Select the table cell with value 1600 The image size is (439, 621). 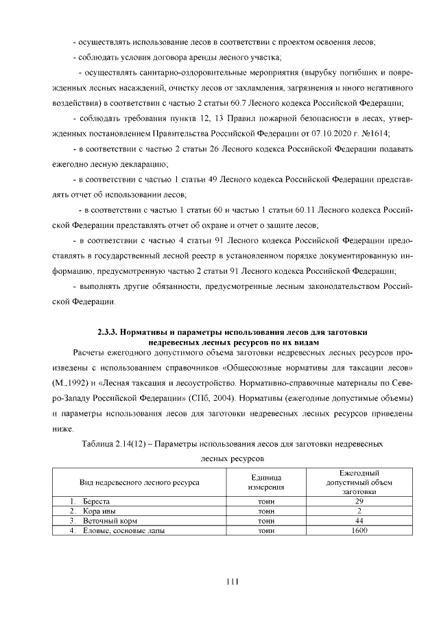359,530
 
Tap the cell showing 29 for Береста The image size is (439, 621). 359,502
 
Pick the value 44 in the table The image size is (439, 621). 359,521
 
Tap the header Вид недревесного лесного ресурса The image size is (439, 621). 139,482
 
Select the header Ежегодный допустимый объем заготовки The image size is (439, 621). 359,482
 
